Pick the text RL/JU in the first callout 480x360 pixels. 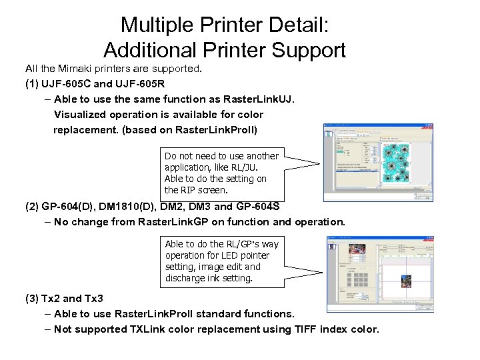click(236, 167)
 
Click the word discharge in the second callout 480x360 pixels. click(187, 278)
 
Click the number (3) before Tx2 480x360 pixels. click(32, 298)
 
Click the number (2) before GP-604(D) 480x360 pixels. click(32, 207)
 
